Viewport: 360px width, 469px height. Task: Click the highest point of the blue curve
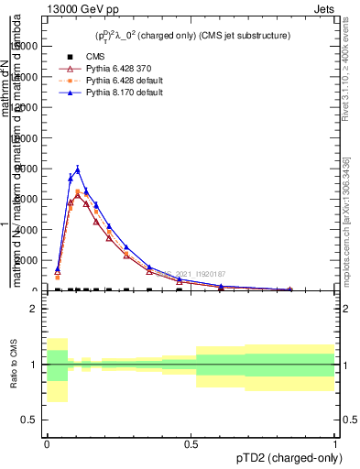[78, 169]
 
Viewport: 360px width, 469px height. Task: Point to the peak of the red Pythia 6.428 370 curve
[78, 194]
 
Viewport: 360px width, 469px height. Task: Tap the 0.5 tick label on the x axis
[191, 444]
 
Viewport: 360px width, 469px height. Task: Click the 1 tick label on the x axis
[335, 444]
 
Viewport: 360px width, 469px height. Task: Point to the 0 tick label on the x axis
[47, 444]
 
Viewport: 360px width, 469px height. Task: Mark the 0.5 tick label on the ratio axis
[29, 420]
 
